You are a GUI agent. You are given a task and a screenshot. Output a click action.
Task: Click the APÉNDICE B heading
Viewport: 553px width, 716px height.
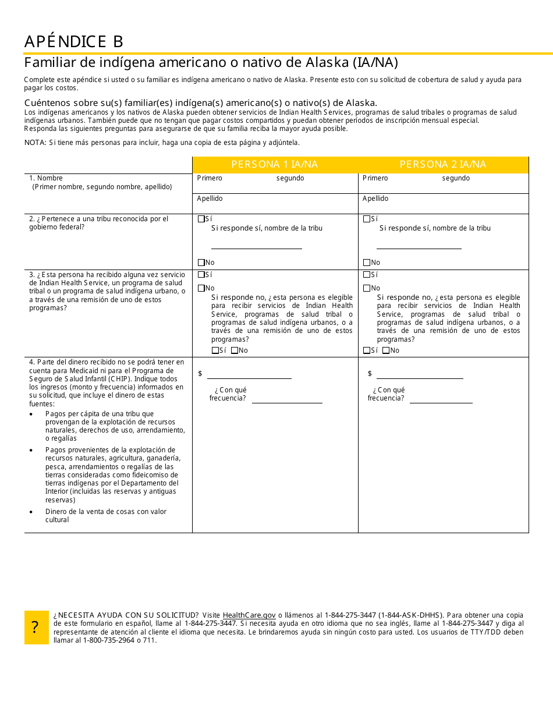74,42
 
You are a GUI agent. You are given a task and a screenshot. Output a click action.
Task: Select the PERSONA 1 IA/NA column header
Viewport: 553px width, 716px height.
275,165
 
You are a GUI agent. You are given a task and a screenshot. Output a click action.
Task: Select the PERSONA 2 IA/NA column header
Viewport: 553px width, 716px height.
443,165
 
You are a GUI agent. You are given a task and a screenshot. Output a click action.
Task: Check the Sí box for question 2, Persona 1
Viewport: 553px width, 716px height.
201,219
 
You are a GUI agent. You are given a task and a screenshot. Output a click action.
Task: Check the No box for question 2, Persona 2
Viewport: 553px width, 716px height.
366,263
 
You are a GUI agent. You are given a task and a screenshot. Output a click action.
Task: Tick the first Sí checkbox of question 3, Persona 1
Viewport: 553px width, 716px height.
201,275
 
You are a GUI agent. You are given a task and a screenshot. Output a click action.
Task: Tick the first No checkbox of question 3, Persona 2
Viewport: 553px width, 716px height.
366,288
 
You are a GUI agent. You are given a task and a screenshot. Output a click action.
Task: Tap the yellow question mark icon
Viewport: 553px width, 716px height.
36,628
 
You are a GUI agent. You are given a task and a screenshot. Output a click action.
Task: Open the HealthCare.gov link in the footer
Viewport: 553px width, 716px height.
249,615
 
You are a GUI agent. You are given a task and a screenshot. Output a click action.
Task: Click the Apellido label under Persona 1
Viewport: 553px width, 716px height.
210,199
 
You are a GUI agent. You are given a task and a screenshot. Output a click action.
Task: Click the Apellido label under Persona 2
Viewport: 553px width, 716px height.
375,199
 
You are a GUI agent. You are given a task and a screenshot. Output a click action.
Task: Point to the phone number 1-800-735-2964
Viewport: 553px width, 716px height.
108,640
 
